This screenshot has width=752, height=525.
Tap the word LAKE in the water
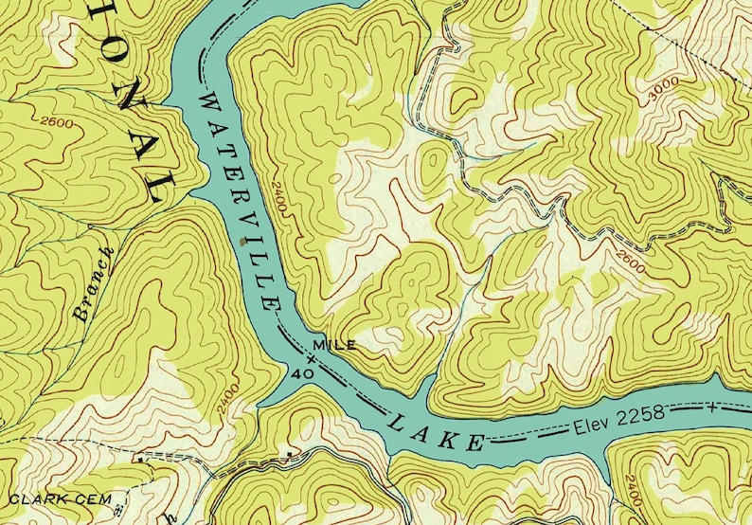(x=437, y=428)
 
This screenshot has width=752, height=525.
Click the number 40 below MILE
(x=303, y=374)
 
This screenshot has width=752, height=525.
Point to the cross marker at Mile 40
(x=312, y=359)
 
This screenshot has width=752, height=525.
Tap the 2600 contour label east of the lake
(x=629, y=261)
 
